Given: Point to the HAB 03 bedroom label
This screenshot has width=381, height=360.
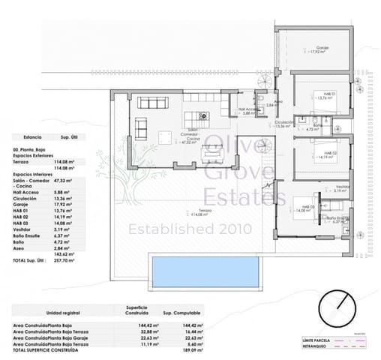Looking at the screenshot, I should pyautogui.click(x=305, y=209).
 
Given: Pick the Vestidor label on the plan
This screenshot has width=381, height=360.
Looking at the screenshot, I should pyautogui.click(x=342, y=187).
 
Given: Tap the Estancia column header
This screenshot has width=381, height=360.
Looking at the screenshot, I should pyautogui.click(x=32, y=138).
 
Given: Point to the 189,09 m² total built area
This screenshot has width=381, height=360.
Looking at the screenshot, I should pyautogui.click(x=183, y=349).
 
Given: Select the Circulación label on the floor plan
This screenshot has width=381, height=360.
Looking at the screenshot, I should pyautogui.click(x=283, y=124).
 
